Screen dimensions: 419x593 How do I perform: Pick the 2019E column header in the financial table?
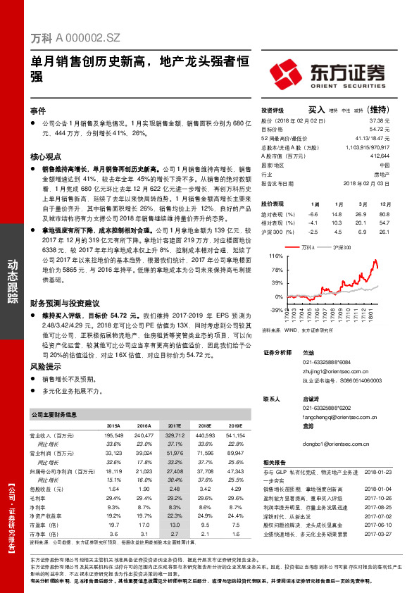pos(235,426)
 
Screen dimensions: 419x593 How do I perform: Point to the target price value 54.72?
pos(380,129)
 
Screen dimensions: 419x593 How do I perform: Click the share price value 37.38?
pos(380,120)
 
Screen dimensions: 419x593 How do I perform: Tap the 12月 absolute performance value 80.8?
pos(384,213)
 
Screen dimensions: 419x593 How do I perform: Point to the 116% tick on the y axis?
pos(277,256)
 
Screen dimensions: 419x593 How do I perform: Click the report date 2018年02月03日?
pos(368,182)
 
